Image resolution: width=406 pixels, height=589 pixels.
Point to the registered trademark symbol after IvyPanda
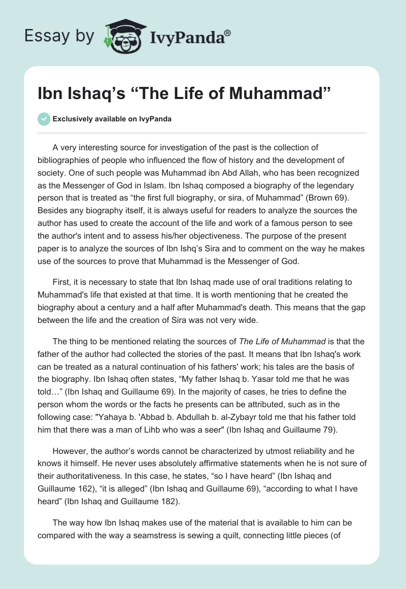pos(227,33)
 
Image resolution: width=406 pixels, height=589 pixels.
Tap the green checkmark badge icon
pos(44,119)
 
